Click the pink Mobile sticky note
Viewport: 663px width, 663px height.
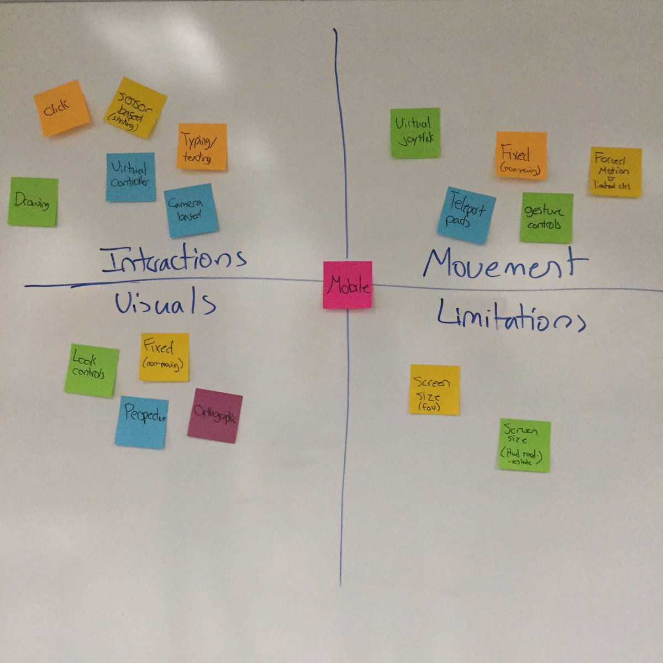[348, 285]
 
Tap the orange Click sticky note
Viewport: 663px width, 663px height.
[61, 108]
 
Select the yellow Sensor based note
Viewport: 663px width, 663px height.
[135, 108]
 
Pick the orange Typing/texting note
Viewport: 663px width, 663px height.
[202, 146]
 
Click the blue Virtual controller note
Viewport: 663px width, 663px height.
[130, 177]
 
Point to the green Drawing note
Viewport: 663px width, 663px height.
[33, 202]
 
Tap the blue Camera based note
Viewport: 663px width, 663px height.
[191, 211]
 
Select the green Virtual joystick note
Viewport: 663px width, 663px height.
[415, 133]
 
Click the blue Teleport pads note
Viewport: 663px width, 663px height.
[467, 215]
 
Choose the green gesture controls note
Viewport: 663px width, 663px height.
[546, 218]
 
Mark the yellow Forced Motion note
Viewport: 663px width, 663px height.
[615, 172]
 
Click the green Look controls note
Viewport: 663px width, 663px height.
[91, 370]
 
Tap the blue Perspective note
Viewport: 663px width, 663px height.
[142, 422]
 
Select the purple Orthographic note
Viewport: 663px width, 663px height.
[215, 416]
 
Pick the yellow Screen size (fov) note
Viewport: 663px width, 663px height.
[434, 390]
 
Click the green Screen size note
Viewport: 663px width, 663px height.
[524, 445]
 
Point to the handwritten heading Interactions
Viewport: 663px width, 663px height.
[173, 260]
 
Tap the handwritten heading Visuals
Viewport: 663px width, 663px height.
[165, 303]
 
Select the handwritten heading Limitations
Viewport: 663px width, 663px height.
[509, 317]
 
